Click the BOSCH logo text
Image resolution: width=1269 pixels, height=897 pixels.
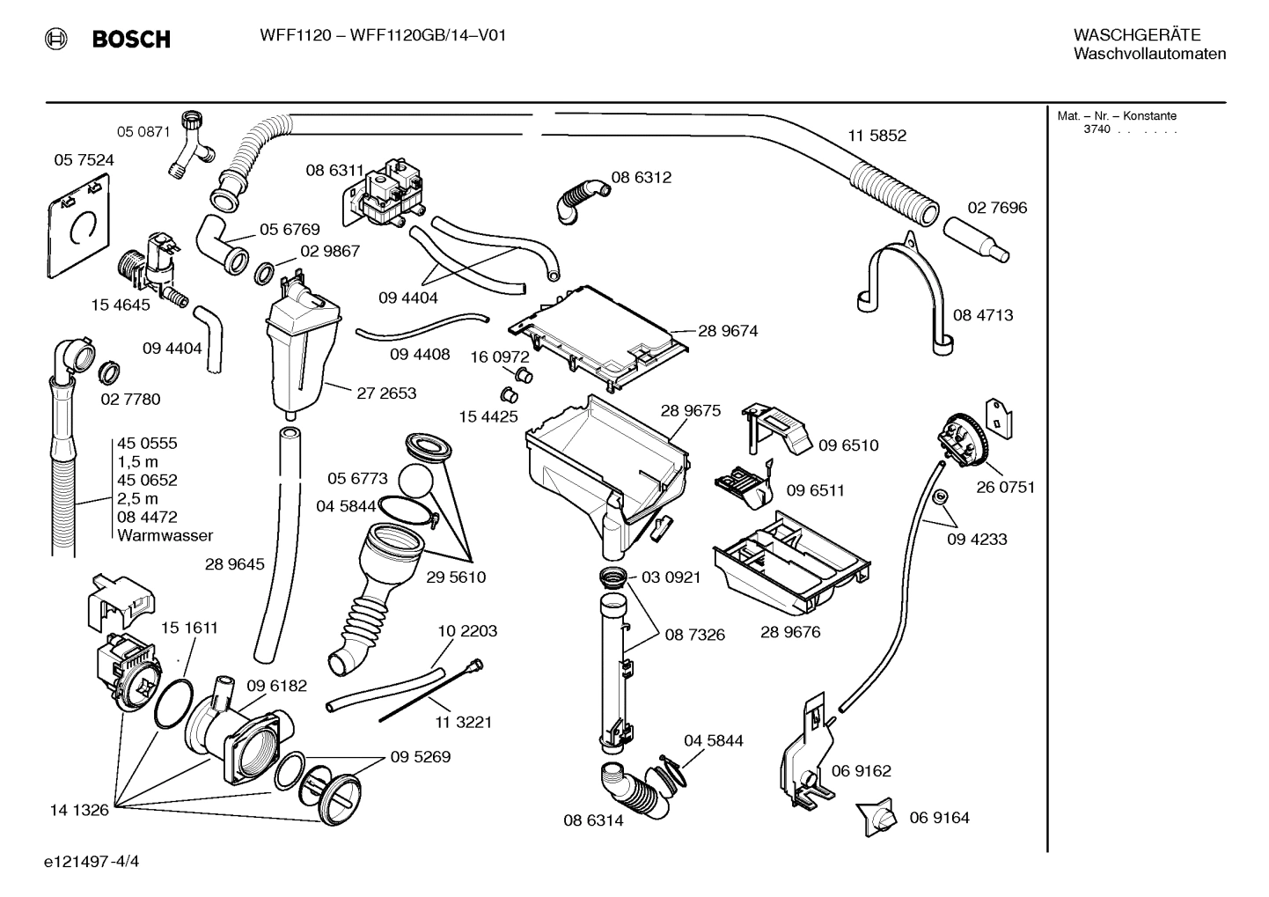click(130, 39)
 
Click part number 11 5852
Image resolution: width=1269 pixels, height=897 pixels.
click(877, 136)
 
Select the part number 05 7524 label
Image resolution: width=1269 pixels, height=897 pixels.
click(84, 160)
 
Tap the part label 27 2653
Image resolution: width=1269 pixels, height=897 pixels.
click(386, 393)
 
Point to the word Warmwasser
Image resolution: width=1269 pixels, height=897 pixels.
click(165, 535)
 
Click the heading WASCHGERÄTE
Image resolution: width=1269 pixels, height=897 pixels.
click(1137, 35)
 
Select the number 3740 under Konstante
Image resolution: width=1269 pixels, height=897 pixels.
click(1097, 129)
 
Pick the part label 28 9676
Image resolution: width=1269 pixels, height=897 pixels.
click(790, 632)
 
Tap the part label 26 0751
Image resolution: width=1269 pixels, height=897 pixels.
click(1005, 488)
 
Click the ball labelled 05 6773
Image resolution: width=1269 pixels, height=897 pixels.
click(416, 482)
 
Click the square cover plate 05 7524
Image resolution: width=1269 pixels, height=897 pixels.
click(77, 227)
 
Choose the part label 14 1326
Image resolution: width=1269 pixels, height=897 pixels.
click(79, 810)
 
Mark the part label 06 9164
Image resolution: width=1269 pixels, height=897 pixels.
click(939, 818)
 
